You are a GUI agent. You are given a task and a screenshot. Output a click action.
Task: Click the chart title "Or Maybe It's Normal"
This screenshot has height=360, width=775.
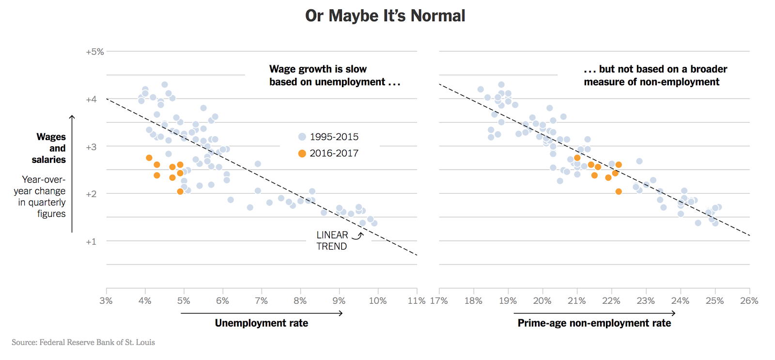(x=385, y=16)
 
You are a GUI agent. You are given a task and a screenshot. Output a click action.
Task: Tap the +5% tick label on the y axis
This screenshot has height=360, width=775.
(x=95, y=52)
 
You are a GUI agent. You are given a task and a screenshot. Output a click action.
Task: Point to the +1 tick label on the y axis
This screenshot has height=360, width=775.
(x=91, y=242)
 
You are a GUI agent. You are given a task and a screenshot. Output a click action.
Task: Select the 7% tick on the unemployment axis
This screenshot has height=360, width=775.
(x=261, y=301)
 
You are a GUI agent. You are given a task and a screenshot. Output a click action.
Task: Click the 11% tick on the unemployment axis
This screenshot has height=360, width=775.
(x=417, y=301)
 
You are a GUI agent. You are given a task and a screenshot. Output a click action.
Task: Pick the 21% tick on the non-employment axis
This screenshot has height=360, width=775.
(x=576, y=301)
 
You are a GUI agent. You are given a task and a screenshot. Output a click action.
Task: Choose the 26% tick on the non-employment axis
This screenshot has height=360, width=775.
(x=749, y=301)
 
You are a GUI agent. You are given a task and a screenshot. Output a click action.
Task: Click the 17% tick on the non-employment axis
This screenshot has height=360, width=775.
(x=439, y=301)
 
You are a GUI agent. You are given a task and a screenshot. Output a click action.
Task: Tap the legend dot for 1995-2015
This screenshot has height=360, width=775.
(x=302, y=137)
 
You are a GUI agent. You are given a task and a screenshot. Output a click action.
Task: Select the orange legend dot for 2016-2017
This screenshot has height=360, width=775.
(x=302, y=154)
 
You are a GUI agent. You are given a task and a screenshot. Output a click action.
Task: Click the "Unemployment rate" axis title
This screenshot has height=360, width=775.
(x=262, y=323)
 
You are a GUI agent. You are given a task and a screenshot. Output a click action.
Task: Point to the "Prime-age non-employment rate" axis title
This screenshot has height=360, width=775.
(x=594, y=323)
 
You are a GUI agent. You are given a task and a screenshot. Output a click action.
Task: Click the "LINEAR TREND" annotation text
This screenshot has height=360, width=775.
(x=332, y=241)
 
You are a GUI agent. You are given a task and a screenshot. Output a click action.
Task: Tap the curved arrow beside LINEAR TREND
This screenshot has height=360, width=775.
(x=357, y=236)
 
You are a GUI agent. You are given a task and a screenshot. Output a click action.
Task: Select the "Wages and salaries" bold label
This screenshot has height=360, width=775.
(x=49, y=148)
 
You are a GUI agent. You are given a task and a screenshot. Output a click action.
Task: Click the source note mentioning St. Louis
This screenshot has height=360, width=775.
(x=83, y=343)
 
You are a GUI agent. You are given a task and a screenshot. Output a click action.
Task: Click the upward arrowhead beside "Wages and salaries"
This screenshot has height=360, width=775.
(x=72, y=117)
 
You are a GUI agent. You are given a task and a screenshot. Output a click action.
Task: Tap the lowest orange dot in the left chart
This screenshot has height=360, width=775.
(x=180, y=192)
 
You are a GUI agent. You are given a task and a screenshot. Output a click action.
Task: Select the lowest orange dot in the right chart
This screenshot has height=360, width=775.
(x=619, y=192)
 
